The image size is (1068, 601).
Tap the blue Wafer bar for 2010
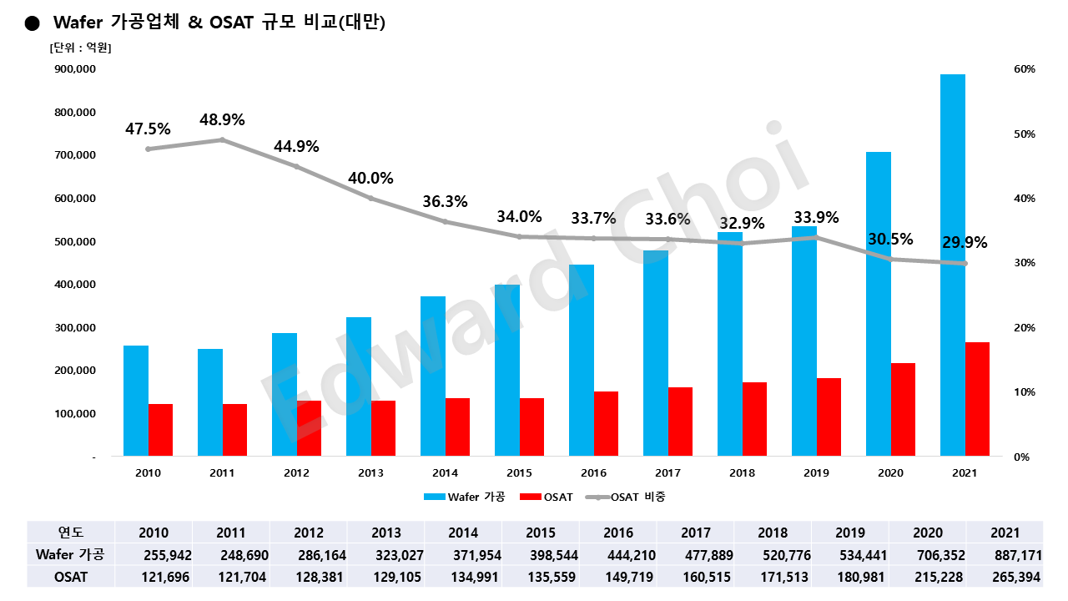[136, 401]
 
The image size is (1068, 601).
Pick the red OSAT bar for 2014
[457, 427]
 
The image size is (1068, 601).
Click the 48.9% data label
[222, 119]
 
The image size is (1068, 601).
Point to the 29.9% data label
[965, 243]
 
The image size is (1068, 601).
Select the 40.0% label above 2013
[370, 178]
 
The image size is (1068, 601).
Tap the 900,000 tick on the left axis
[74, 69]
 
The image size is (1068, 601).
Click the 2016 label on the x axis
[593, 472]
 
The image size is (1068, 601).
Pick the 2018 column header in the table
[772, 533]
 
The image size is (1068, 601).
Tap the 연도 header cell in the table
[71, 533]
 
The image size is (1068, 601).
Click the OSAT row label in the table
[71, 577]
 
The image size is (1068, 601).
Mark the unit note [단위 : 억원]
[81, 48]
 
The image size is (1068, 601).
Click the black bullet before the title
[33, 23]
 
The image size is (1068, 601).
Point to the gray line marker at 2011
[222, 140]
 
